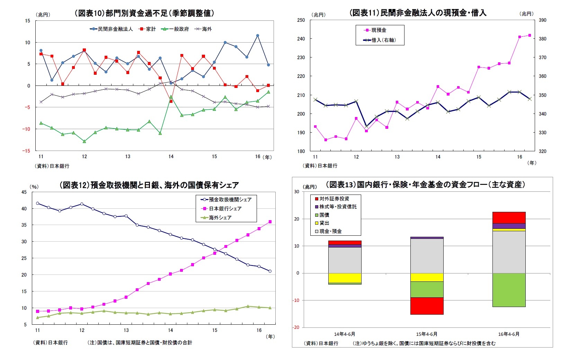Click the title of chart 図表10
tap(144, 13)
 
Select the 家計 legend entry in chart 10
tap(148, 29)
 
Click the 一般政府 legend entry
tap(176, 29)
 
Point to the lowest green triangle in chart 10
tap(84, 141)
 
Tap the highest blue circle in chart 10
tap(258, 35)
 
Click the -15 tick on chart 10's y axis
tap(27, 151)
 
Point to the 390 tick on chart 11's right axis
tap(542, 20)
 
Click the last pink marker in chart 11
tap(530, 35)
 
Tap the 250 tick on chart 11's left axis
tap(301, 20)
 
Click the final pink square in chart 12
tap(270, 222)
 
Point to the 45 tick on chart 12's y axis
tap(24, 192)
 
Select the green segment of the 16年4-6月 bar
tap(509, 290)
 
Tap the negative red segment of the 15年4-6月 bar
tap(427, 306)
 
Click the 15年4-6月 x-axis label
tap(427, 334)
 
